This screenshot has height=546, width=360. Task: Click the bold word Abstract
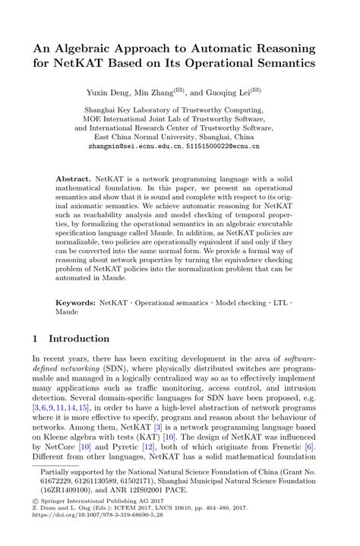(74, 179)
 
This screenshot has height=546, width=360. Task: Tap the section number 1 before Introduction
(36, 339)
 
